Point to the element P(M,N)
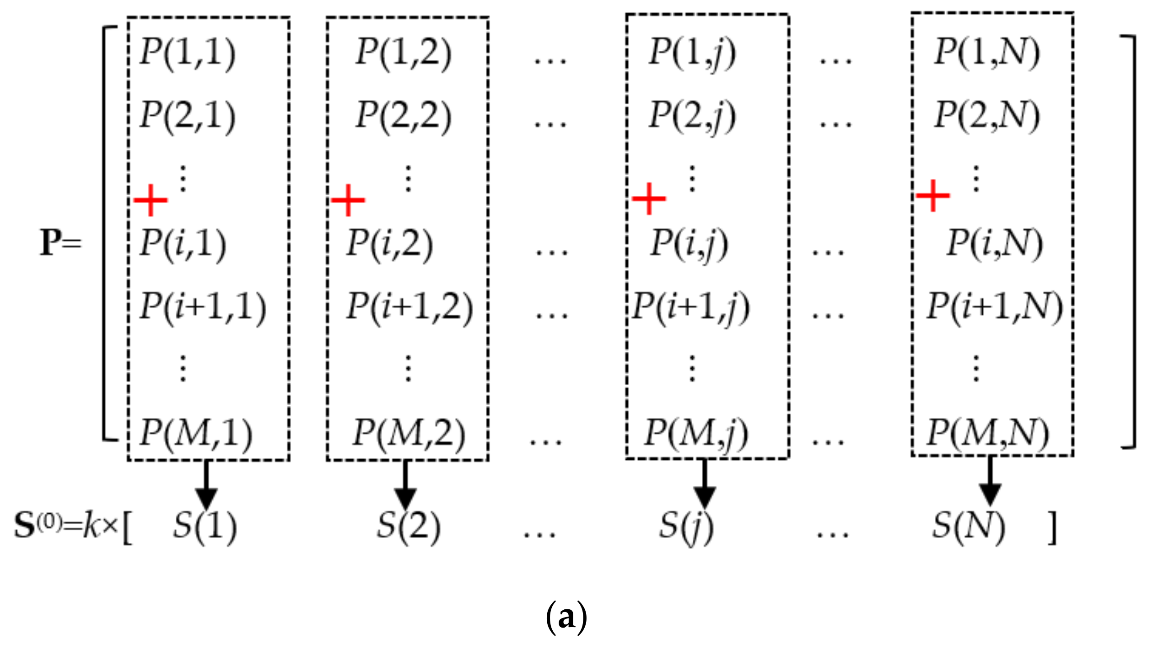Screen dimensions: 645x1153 point(987,433)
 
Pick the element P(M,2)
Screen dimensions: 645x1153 point(409,433)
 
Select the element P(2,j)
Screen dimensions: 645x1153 point(692,115)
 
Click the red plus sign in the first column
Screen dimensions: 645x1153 point(151,200)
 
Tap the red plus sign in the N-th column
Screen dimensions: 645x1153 point(933,196)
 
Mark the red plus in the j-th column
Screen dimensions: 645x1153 point(648,198)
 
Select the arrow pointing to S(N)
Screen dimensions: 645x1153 point(991,483)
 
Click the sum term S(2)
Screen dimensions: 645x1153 point(409,526)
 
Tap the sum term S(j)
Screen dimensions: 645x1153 point(686,526)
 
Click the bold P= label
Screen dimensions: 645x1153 point(59,242)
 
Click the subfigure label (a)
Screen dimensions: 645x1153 point(566,617)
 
